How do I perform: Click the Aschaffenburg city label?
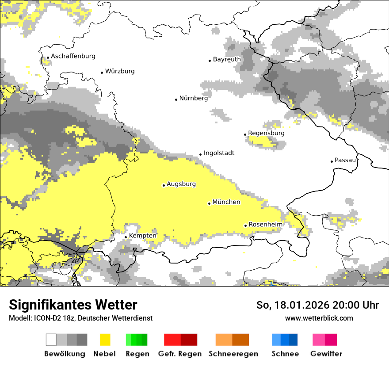pos(73,56)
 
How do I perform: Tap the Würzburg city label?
pos(120,71)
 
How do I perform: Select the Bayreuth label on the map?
pos(227,59)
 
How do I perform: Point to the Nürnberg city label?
pos(193,98)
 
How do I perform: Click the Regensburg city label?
pos(266,133)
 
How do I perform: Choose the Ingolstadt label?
pos(219,153)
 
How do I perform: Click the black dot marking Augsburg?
pos(164,185)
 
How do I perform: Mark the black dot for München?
pos(209,203)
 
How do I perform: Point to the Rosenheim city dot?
pos(245,226)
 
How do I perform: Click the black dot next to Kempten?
pos(126,237)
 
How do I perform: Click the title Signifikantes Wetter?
pos(73,305)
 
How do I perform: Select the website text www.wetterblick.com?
pos(319,318)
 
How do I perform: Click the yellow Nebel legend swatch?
pos(105,340)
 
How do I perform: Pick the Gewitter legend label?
pos(326,354)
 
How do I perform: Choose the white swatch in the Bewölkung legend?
pos(51,340)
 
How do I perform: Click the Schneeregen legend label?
pos(233,354)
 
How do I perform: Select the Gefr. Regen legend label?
pos(180,354)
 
